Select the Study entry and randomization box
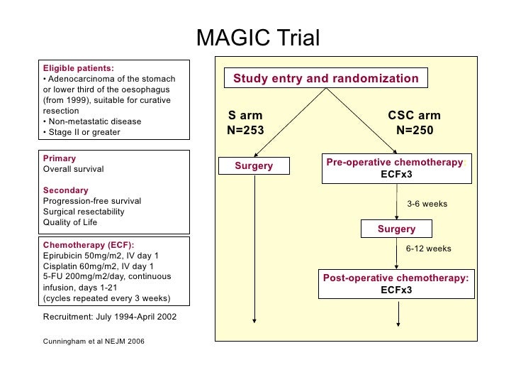(x=325, y=79)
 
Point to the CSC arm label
(x=414, y=116)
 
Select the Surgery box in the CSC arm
(x=396, y=229)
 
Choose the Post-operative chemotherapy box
(x=396, y=283)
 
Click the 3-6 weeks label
(x=427, y=204)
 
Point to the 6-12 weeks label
(x=428, y=249)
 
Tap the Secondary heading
(x=66, y=190)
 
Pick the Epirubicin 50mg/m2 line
(x=101, y=255)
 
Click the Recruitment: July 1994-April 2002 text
(x=110, y=316)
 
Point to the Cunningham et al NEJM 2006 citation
(x=94, y=341)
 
